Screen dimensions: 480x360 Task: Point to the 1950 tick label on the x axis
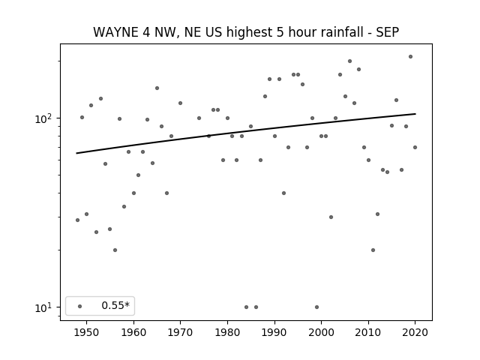(86, 332)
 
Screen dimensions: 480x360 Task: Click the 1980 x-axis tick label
(227, 332)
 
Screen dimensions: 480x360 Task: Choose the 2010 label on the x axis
(368, 332)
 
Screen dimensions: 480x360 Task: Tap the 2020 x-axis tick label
(415, 332)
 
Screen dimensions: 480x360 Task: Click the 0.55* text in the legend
(115, 305)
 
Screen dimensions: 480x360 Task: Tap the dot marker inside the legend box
(80, 306)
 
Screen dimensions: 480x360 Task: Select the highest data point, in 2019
(410, 57)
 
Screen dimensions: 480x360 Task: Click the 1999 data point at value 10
(316, 307)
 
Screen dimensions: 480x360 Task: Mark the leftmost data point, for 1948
(77, 220)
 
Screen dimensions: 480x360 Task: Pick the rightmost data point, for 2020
(415, 147)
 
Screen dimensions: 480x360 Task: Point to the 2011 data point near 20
(373, 250)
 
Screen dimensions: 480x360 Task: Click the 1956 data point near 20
(115, 250)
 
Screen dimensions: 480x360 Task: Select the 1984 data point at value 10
(247, 307)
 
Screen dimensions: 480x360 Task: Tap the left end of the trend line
(76, 153)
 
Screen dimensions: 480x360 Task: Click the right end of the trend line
(415, 114)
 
